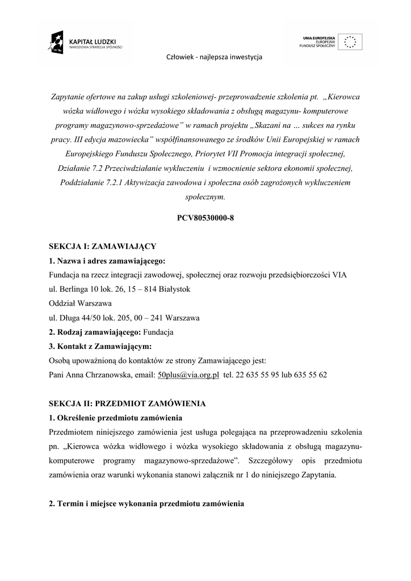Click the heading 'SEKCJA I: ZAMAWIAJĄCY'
click(x=102, y=247)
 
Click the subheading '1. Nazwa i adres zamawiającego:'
click(x=107, y=261)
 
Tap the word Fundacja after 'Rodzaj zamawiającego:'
click(x=158, y=332)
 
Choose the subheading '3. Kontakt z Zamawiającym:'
click(x=100, y=346)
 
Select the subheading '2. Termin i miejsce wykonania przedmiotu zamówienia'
click(x=146, y=503)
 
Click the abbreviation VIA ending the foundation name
click(x=339, y=275)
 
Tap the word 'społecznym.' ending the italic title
click(x=205, y=197)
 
